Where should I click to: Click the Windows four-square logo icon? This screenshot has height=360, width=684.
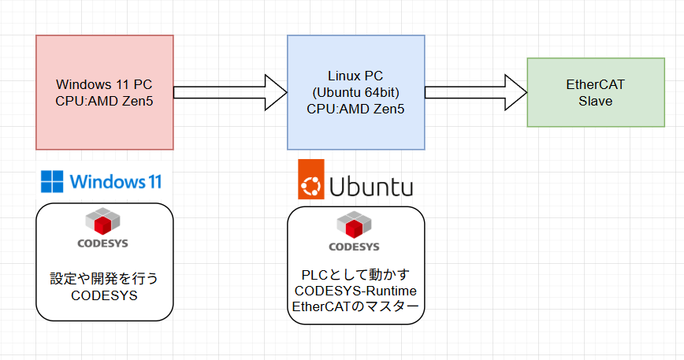pos(52,182)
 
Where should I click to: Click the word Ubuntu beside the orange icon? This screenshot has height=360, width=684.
pos(370,187)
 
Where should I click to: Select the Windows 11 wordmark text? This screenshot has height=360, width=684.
pos(115,182)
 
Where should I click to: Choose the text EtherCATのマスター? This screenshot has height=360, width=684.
pos(355,307)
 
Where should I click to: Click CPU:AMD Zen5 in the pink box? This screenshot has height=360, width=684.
pos(104,100)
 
